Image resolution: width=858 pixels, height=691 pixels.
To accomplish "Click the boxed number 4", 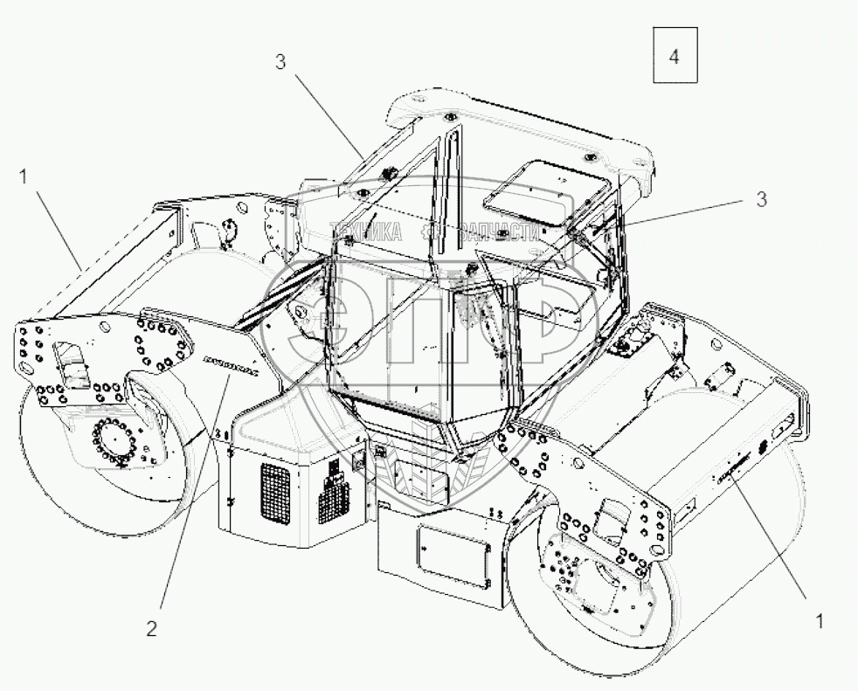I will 674,56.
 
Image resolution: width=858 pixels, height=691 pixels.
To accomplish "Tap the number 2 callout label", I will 152,629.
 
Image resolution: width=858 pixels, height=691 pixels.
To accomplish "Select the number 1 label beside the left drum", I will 24,176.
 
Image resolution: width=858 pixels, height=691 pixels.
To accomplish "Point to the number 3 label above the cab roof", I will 280,62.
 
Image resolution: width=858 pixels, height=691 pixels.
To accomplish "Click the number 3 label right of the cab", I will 761,199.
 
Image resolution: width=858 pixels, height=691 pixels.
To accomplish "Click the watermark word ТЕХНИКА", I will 365,232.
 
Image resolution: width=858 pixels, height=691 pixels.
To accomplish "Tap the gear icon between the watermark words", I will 427,232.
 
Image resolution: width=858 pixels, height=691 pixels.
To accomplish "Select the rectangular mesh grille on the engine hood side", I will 275,492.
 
